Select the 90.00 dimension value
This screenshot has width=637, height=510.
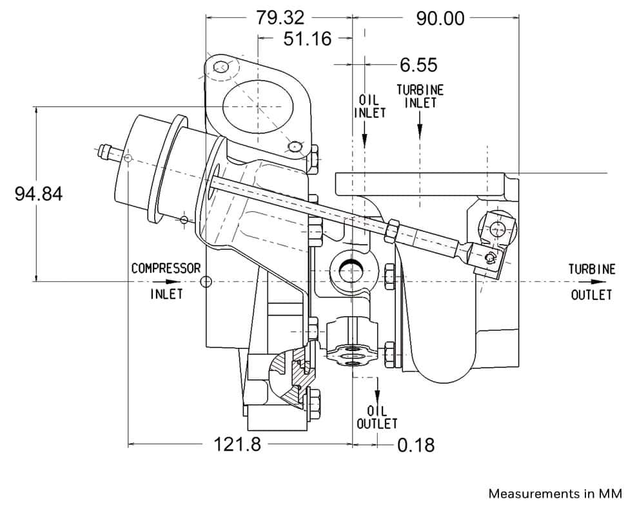440,18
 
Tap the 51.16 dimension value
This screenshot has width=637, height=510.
308,39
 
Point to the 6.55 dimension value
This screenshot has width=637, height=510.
418,64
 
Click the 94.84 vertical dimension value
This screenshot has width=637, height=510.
39,193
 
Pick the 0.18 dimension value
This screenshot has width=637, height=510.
415,444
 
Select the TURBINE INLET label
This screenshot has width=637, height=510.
420,96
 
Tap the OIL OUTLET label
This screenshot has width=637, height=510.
377,417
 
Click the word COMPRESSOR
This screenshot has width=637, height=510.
166,268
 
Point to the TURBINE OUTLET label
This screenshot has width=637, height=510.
591,281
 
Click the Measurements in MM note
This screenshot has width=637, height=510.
555,494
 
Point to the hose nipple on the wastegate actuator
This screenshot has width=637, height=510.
107,153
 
